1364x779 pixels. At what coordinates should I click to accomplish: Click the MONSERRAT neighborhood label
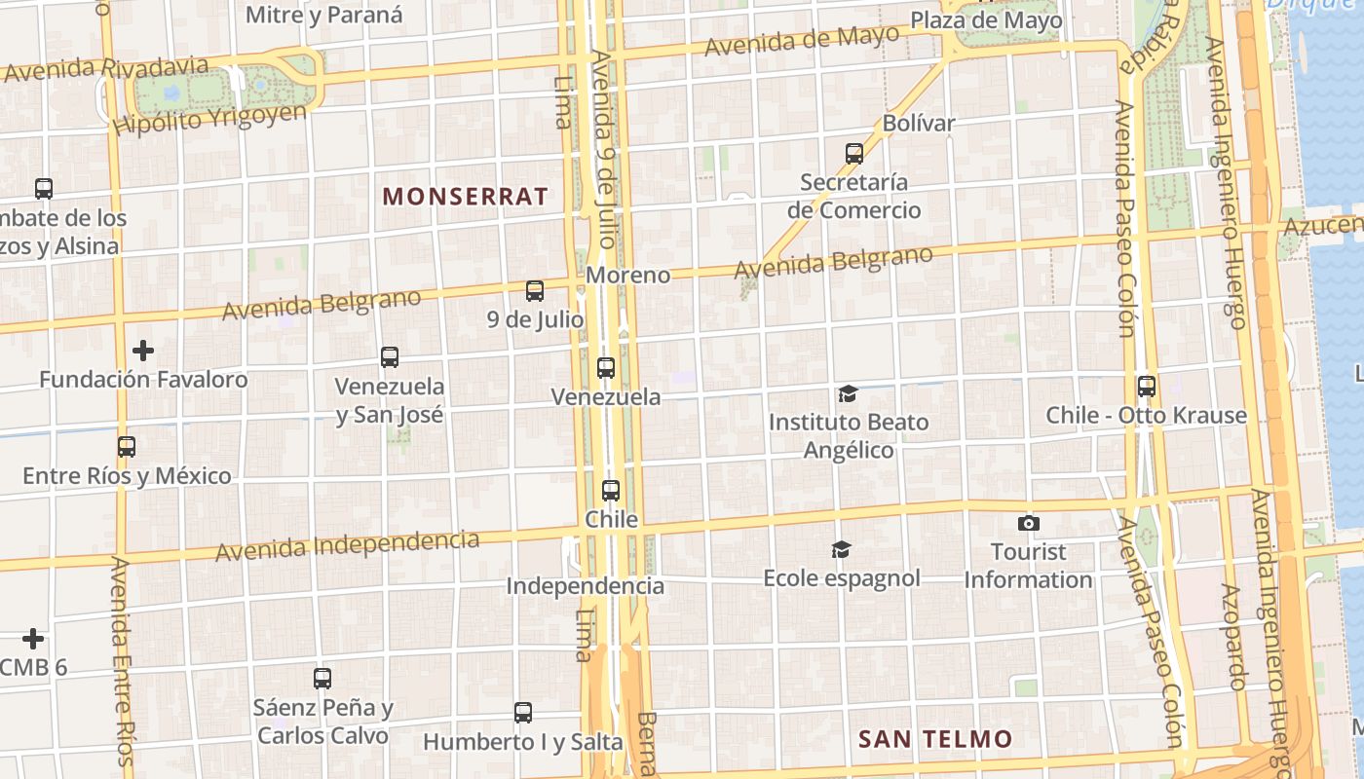[x=465, y=196]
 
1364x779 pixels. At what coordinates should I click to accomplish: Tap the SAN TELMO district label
[x=934, y=739]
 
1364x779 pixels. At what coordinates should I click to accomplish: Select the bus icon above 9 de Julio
[x=535, y=290]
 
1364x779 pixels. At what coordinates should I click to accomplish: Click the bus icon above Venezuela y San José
[x=390, y=357]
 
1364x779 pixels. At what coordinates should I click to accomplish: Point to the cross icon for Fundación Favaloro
[x=143, y=350]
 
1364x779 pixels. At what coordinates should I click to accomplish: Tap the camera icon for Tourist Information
[x=1028, y=524]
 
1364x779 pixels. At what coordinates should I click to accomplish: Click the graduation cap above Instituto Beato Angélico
[x=848, y=393]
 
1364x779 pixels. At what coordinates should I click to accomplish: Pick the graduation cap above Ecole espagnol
[x=841, y=550]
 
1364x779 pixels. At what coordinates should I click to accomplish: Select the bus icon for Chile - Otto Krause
[x=1147, y=387]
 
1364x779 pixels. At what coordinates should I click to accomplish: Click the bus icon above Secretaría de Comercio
[x=854, y=153]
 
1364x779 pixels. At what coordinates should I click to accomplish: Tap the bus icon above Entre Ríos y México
[x=127, y=447]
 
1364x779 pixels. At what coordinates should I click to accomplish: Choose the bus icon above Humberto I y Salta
[x=523, y=713]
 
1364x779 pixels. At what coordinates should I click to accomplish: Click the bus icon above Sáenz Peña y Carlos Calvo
[x=322, y=679]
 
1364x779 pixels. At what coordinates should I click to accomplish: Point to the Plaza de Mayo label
[x=986, y=20]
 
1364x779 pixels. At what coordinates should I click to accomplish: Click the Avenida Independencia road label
[x=348, y=545]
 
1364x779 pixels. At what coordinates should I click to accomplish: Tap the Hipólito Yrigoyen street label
[x=209, y=120]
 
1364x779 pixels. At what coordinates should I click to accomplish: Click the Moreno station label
[x=628, y=275]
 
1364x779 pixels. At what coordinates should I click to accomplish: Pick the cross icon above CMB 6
[x=34, y=639]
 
